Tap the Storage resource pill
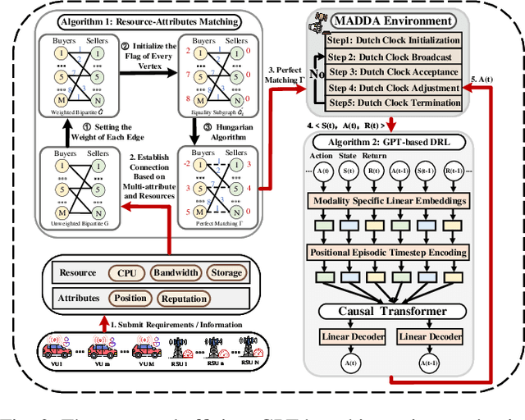227,272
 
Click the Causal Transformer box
394,311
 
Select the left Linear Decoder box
346,336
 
